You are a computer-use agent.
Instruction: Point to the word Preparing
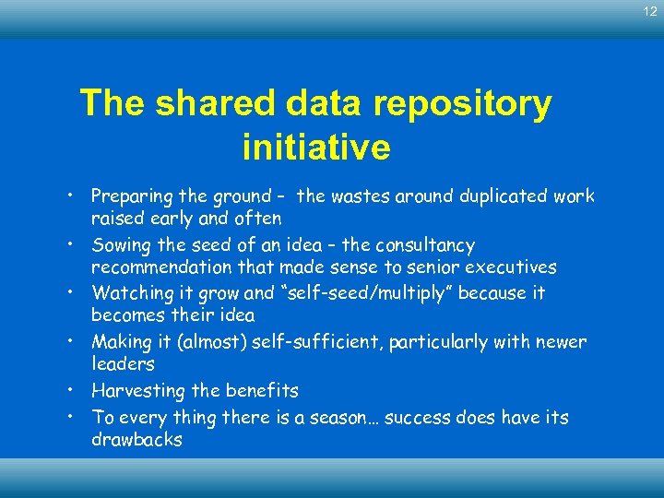coord(129,196)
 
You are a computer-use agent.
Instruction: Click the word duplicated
coord(502,196)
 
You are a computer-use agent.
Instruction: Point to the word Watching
coord(127,293)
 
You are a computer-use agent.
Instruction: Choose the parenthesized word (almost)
coord(198,342)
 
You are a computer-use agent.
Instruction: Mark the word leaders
coord(123,364)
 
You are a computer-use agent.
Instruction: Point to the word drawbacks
coord(136,440)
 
